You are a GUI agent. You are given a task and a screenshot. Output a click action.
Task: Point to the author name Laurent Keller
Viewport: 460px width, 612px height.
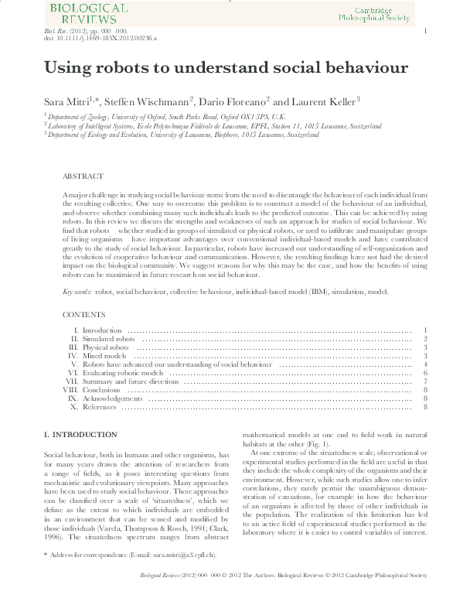325,101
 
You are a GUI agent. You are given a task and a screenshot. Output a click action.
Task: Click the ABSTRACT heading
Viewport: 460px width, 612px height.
81,176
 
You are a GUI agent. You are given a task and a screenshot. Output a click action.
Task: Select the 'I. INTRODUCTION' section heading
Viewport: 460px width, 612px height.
80,435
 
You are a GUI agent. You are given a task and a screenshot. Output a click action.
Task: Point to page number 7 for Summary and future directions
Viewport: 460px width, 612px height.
425,381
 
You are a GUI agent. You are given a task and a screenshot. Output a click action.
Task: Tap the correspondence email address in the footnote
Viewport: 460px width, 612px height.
167,576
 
